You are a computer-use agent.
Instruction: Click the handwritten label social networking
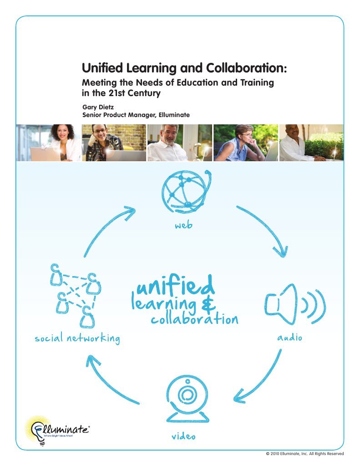point(77,338)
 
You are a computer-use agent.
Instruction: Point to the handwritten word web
point(184,225)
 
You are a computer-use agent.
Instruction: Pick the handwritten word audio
point(290,338)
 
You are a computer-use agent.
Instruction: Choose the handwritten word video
point(183,436)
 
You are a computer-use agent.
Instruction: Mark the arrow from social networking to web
point(107,228)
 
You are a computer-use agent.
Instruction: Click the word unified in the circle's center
point(175,286)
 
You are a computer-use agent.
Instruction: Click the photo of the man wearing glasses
point(114,143)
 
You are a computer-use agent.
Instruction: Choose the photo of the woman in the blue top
point(246,143)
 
